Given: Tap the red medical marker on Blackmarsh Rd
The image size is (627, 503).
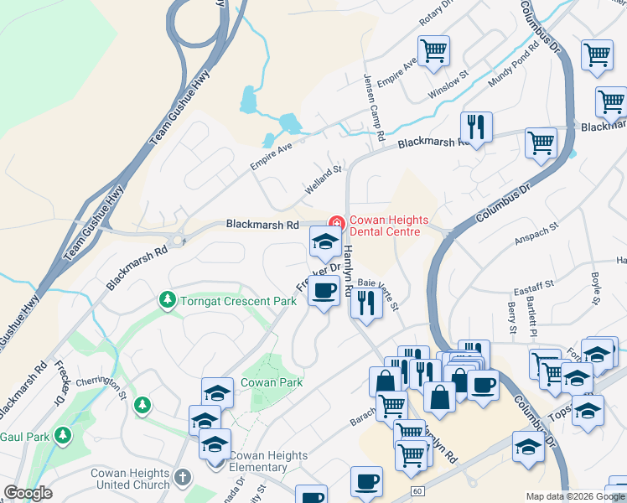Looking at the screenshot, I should [336, 222].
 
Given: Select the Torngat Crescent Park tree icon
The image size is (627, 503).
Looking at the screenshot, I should [168, 299].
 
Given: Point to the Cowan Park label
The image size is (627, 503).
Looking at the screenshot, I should [266, 382].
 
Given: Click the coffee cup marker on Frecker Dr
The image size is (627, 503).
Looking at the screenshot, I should [324, 291].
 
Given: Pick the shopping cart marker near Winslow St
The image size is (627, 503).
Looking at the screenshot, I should [433, 50].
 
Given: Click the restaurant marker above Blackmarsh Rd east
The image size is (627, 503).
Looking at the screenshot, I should [475, 127].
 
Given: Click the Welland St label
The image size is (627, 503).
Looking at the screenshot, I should [324, 179].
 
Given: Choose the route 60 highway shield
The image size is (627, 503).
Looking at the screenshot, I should [417, 489].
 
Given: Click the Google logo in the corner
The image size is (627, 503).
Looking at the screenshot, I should [28, 493].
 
